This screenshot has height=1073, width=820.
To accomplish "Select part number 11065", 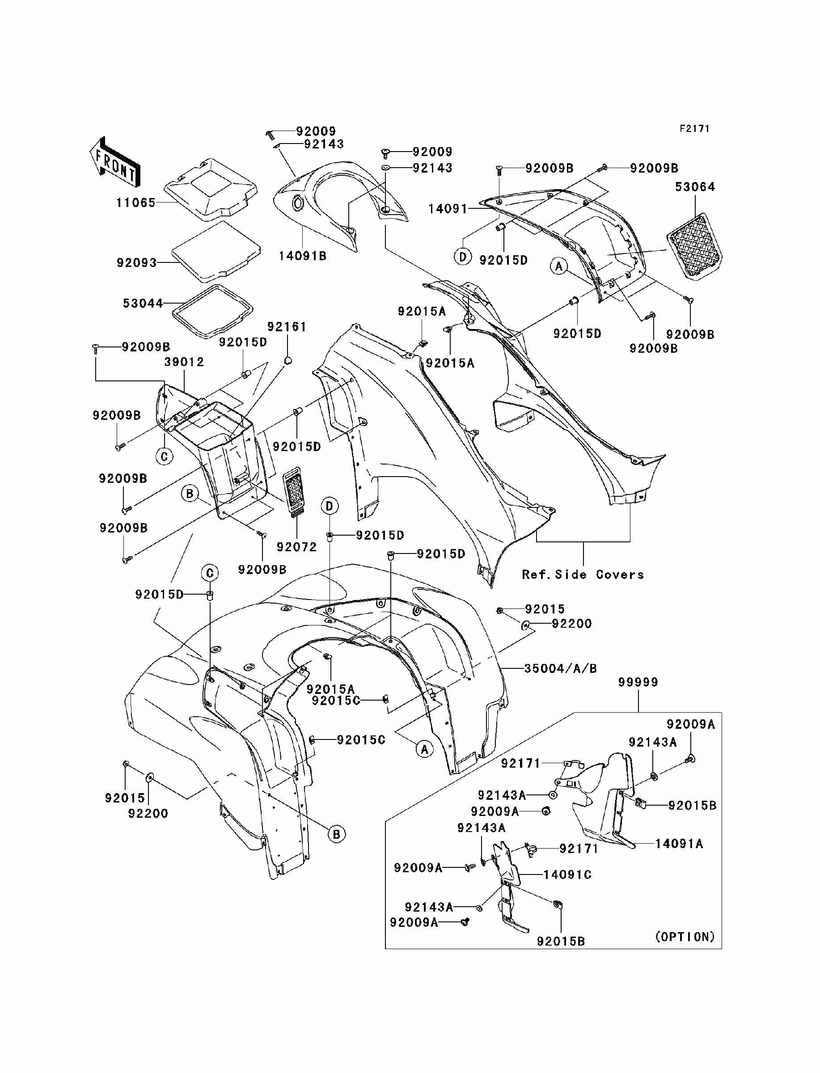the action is coord(135,203).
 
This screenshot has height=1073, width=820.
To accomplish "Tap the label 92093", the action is coord(137,263).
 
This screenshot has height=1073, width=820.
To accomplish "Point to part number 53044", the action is coord(143,304).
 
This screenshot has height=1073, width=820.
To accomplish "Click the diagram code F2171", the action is coord(694,129).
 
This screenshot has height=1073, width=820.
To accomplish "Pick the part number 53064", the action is coord(695,187).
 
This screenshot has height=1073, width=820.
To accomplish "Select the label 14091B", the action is coord(303,256).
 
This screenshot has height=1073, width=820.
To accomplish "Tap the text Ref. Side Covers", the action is coord(583,575).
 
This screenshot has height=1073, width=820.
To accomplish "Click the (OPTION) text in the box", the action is coord(685,936).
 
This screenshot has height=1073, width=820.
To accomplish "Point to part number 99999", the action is coord(638,682).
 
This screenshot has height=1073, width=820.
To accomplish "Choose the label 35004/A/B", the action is coord(560,668).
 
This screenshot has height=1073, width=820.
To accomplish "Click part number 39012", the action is coord(184,362).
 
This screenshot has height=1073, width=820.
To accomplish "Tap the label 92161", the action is coord(287,327).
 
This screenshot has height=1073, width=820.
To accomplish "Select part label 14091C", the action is coord(568,874).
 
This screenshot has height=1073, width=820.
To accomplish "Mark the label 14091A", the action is coord(679,844).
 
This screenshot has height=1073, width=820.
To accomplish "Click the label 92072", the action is coord(297,547).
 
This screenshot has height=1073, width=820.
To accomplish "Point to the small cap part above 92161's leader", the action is coord(288,360).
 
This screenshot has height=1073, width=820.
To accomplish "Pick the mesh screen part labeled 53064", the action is coord(694,246).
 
